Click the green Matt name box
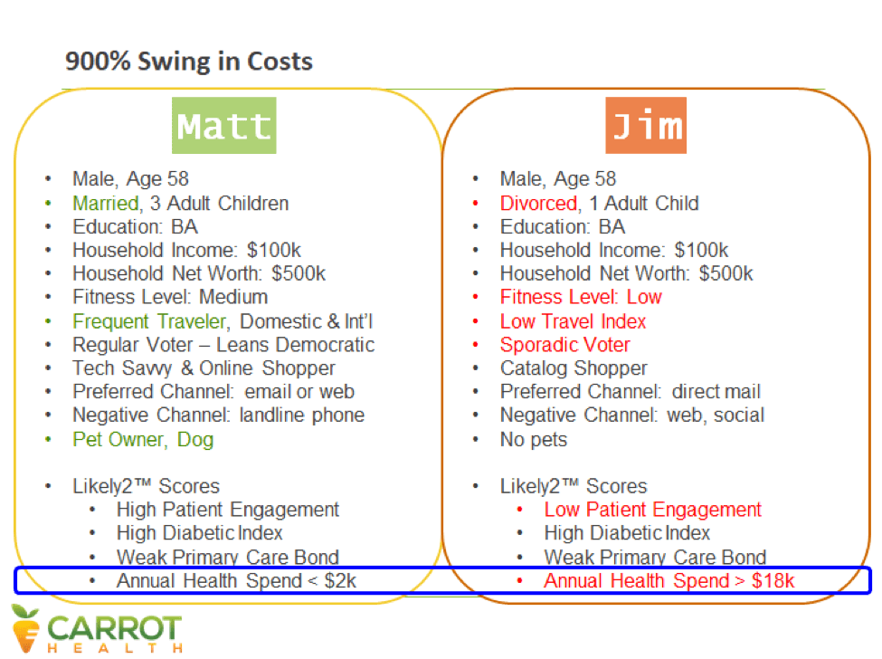(223, 126)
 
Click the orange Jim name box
(646, 126)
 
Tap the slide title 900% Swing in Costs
(189, 61)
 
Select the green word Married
(106, 203)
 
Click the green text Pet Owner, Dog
(143, 440)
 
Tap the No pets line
(533, 440)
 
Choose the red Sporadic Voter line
(564, 345)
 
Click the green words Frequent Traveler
(149, 321)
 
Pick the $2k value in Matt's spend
(340, 581)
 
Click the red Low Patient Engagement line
(652, 510)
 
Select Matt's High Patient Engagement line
(228, 510)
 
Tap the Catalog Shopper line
(574, 368)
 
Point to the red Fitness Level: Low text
(581, 297)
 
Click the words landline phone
(302, 415)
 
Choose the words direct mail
(716, 392)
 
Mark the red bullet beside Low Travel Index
(476, 321)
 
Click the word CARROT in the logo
(114, 628)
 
